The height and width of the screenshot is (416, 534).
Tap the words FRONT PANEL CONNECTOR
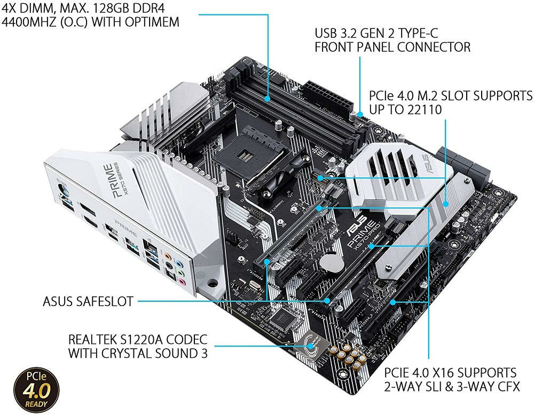(x=392, y=47)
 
